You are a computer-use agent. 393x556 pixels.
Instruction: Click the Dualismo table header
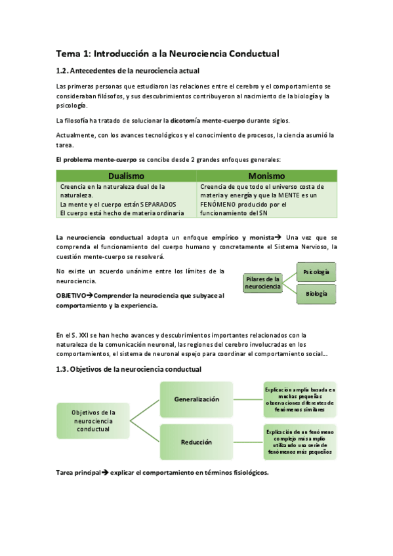point(126,176)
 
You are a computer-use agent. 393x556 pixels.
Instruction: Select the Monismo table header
point(266,176)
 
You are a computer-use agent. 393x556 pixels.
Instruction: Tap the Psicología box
point(317,271)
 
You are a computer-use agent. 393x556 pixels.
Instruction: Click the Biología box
point(317,294)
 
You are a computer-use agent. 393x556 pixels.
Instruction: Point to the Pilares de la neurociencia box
point(263,283)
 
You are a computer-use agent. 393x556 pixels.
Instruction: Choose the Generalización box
point(197,399)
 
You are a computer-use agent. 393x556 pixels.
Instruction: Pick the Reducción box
point(197,442)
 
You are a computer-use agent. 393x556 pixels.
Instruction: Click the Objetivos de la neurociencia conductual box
point(93,420)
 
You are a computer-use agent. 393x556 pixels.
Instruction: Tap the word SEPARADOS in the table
point(158,204)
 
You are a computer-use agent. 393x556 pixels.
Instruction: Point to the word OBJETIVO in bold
point(72,296)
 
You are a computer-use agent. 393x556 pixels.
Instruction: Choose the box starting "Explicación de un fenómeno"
point(299,441)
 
